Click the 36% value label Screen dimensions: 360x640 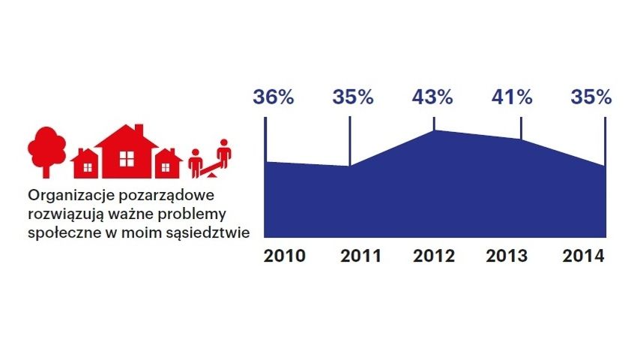pos(274,97)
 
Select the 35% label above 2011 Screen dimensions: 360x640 pos(353,97)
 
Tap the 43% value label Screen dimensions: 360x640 pos(432,97)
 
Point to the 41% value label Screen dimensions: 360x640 pos(512,97)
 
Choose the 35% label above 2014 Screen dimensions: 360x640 pos(591,97)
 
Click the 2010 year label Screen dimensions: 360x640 pos(284,256)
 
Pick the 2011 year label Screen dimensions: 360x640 pos(360,256)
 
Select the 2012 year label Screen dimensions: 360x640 pos(434,256)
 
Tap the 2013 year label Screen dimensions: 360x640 pos(507,256)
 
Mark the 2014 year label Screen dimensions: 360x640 pos(584,256)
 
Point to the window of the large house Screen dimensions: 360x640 pos(126,159)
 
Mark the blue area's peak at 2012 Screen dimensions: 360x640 pos(434,132)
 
